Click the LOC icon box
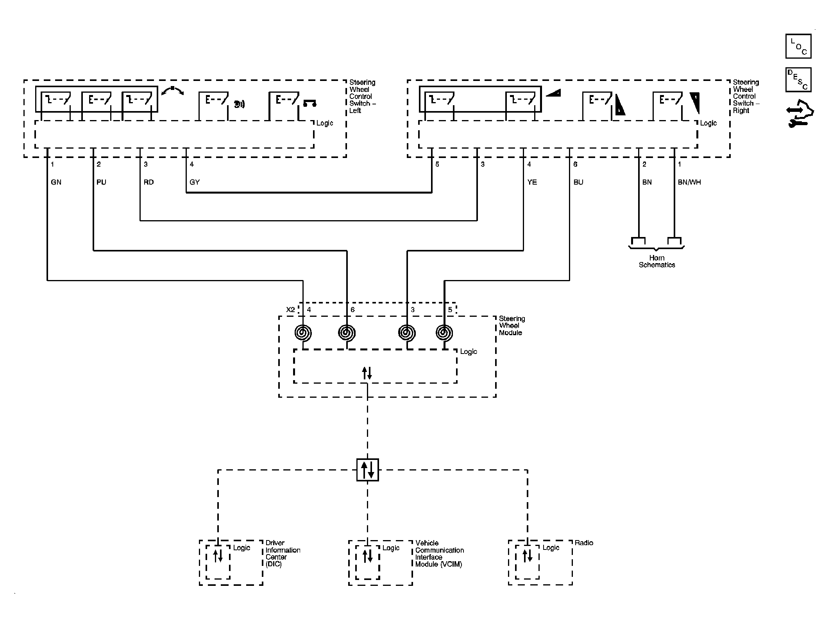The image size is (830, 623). pos(798,46)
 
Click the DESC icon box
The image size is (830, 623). pos(798,80)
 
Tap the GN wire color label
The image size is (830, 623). pos(56,182)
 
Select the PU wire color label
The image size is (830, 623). pos(101,182)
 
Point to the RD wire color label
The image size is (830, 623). pos(148,182)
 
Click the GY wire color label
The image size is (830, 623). pos(195,182)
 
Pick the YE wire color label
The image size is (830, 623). pos(532,182)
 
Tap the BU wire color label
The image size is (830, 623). pos(578,182)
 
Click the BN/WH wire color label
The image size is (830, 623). pos(689,182)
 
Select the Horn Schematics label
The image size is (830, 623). pos(657,261)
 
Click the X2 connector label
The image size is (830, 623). pos(290,310)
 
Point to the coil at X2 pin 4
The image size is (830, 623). pos(303,333)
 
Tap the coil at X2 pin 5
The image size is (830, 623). pos(444,333)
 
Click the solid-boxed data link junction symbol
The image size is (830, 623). pos(368,470)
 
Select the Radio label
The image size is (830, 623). pos(584,543)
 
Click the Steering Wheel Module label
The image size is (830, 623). pos(512,326)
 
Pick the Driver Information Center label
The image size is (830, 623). pos(283,553)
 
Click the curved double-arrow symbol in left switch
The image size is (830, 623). pos(172,91)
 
